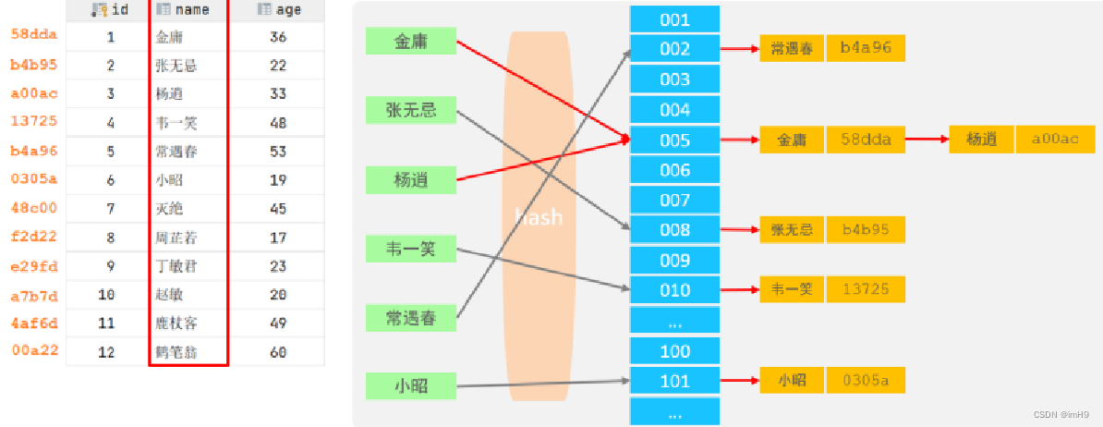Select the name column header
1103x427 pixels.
click(189, 10)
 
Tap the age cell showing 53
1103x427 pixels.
click(278, 152)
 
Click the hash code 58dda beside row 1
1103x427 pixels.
click(34, 34)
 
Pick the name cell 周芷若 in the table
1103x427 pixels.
click(177, 238)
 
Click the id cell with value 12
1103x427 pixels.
click(110, 352)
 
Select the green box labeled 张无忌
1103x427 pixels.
click(411, 111)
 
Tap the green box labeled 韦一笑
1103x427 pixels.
click(411, 248)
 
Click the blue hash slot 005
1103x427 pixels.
click(674, 140)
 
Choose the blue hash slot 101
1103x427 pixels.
click(674, 381)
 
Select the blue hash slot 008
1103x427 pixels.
click(674, 230)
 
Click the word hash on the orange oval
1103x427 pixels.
click(539, 218)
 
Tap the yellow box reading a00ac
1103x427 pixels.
click(1055, 140)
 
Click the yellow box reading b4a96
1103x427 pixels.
click(866, 49)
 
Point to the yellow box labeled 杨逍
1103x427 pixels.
click(981, 140)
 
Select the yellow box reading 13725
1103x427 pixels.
click(866, 289)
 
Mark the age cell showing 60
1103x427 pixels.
click(278, 352)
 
